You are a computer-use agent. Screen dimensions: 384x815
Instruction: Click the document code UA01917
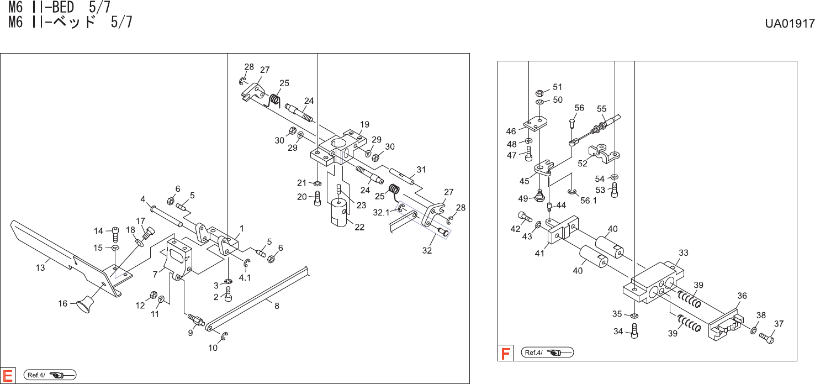point(790,24)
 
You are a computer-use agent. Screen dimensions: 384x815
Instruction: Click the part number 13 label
point(40,268)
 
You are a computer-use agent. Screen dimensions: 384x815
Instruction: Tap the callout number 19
point(364,124)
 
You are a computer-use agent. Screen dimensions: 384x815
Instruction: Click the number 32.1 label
point(380,212)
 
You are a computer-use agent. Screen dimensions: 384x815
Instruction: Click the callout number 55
point(601,109)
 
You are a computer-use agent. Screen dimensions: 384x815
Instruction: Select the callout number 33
point(684,253)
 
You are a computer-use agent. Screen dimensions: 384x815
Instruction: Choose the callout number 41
point(539,254)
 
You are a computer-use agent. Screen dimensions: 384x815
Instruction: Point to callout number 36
point(742,296)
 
